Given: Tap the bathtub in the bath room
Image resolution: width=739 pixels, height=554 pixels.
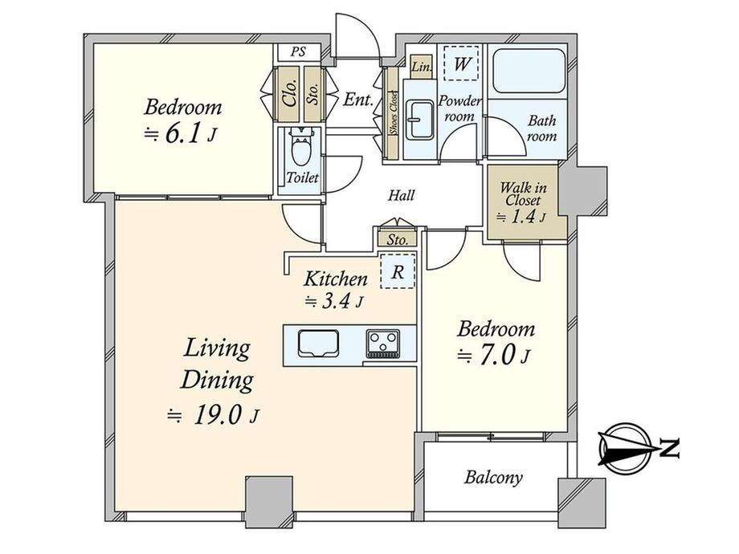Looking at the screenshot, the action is [x=529, y=71].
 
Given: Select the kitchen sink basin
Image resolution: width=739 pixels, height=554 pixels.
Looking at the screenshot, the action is [x=318, y=344].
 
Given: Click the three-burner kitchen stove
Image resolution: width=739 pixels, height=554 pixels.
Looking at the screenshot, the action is [x=382, y=343].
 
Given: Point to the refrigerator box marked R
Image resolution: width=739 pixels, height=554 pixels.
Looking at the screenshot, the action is [x=398, y=271].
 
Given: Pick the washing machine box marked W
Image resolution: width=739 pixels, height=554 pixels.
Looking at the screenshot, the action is [x=461, y=63].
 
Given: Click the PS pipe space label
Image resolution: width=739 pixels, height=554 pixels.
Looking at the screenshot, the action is [x=298, y=51].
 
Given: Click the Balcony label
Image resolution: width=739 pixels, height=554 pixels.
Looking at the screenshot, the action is [x=493, y=477].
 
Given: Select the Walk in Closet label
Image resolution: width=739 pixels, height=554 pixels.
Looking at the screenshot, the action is [x=523, y=194].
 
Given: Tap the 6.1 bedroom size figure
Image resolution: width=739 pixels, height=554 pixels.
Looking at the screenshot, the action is [x=182, y=134].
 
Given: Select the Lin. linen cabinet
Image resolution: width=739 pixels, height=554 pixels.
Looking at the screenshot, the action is [x=422, y=67].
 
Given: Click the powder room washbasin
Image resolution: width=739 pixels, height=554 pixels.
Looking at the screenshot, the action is [x=418, y=120].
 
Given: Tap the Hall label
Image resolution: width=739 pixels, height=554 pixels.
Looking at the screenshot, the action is [x=401, y=195].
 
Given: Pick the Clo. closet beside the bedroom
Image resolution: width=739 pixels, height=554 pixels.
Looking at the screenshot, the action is [x=287, y=92].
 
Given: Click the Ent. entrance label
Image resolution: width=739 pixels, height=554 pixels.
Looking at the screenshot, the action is [x=357, y=100].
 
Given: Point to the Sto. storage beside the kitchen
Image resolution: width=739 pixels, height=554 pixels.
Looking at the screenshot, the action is [x=398, y=239].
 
